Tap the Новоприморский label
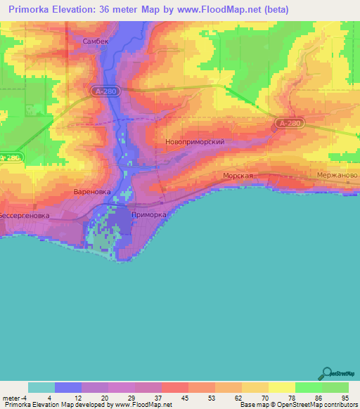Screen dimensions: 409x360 [x=195, y=141]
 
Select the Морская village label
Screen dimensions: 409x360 [x=237, y=176]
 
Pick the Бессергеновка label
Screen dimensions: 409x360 [x=24, y=215]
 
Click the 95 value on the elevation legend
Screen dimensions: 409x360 [x=345, y=398]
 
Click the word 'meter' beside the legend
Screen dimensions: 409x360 [x=11, y=398]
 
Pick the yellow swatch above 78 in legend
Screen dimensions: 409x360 [x=281, y=387]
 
